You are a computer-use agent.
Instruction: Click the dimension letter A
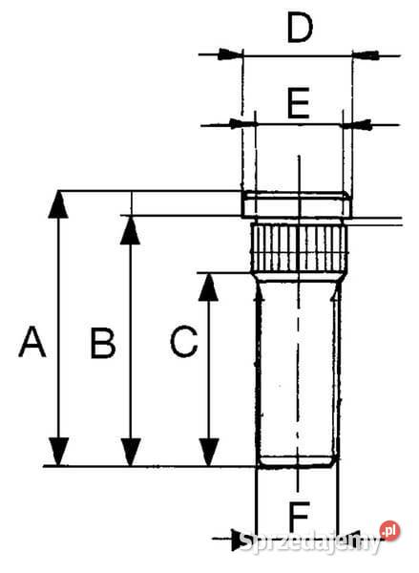click(x=31, y=342)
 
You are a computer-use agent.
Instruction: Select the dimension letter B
click(x=102, y=343)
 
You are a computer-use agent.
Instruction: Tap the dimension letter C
click(x=184, y=342)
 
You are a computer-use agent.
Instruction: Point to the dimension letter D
click(x=300, y=29)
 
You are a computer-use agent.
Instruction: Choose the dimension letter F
click(x=299, y=516)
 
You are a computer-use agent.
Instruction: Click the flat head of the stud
click(x=296, y=204)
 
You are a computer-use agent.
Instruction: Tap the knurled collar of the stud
click(x=297, y=246)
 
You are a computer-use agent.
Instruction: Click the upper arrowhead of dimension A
click(x=59, y=203)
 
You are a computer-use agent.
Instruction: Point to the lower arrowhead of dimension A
click(x=59, y=452)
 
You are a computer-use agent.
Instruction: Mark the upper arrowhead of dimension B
click(x=130, y=228)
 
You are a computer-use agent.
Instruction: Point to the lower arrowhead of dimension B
click(x=130, y=452)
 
